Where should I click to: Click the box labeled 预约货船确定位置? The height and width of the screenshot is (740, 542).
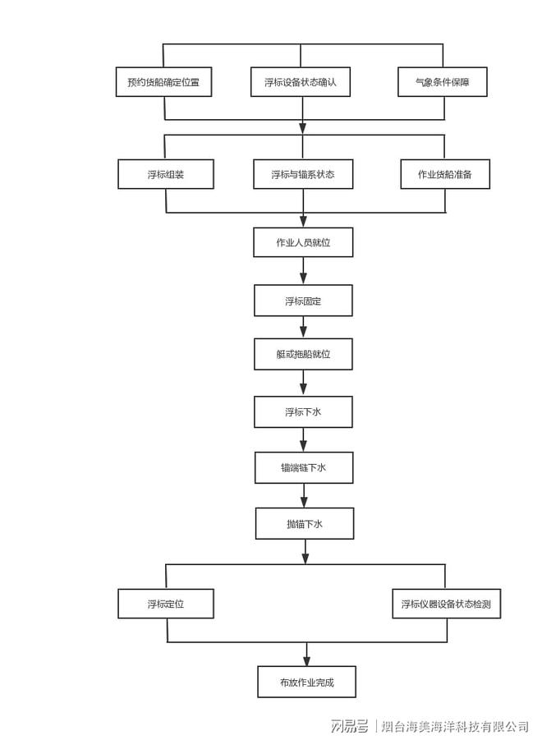(x=163, y=82)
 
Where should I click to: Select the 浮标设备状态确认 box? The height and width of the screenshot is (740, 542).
(x=301, y=82)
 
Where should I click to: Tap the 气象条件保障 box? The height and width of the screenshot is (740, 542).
(x=443, y=82)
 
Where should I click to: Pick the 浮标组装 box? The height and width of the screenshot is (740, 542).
(x=166, y=174)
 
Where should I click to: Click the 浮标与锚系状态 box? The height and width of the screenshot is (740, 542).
(x=303, y=174)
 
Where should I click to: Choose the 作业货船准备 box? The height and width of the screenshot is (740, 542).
(x=445, y=174)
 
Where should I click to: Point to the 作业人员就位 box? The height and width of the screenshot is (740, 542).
(x=303, y=242)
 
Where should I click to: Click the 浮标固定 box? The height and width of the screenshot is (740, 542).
(x=303, y=301)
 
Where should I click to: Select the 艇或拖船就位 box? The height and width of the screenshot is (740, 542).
(x=303, y=354)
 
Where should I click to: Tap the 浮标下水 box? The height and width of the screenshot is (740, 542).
(x=303, y=412)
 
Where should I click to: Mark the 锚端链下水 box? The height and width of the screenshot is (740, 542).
(x=304, y=467)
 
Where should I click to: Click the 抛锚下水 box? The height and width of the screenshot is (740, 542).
(x=305, y=523)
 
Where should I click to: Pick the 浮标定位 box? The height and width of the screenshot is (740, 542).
(x=166, y=604)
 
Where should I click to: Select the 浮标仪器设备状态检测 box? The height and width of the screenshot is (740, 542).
(x=446, y=604)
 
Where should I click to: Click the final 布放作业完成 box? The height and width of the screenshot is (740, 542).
(x=306, y=682)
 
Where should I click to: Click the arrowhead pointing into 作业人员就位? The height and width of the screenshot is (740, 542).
(x=303, y=221)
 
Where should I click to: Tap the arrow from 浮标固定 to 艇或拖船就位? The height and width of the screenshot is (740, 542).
(x=303, y=327)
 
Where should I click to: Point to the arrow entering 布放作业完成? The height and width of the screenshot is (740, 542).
(x=306, y=654)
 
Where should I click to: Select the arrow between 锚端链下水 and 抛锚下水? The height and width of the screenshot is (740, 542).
(x=304, y=495)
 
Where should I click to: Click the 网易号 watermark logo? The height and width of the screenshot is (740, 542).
(x=349, y=725)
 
